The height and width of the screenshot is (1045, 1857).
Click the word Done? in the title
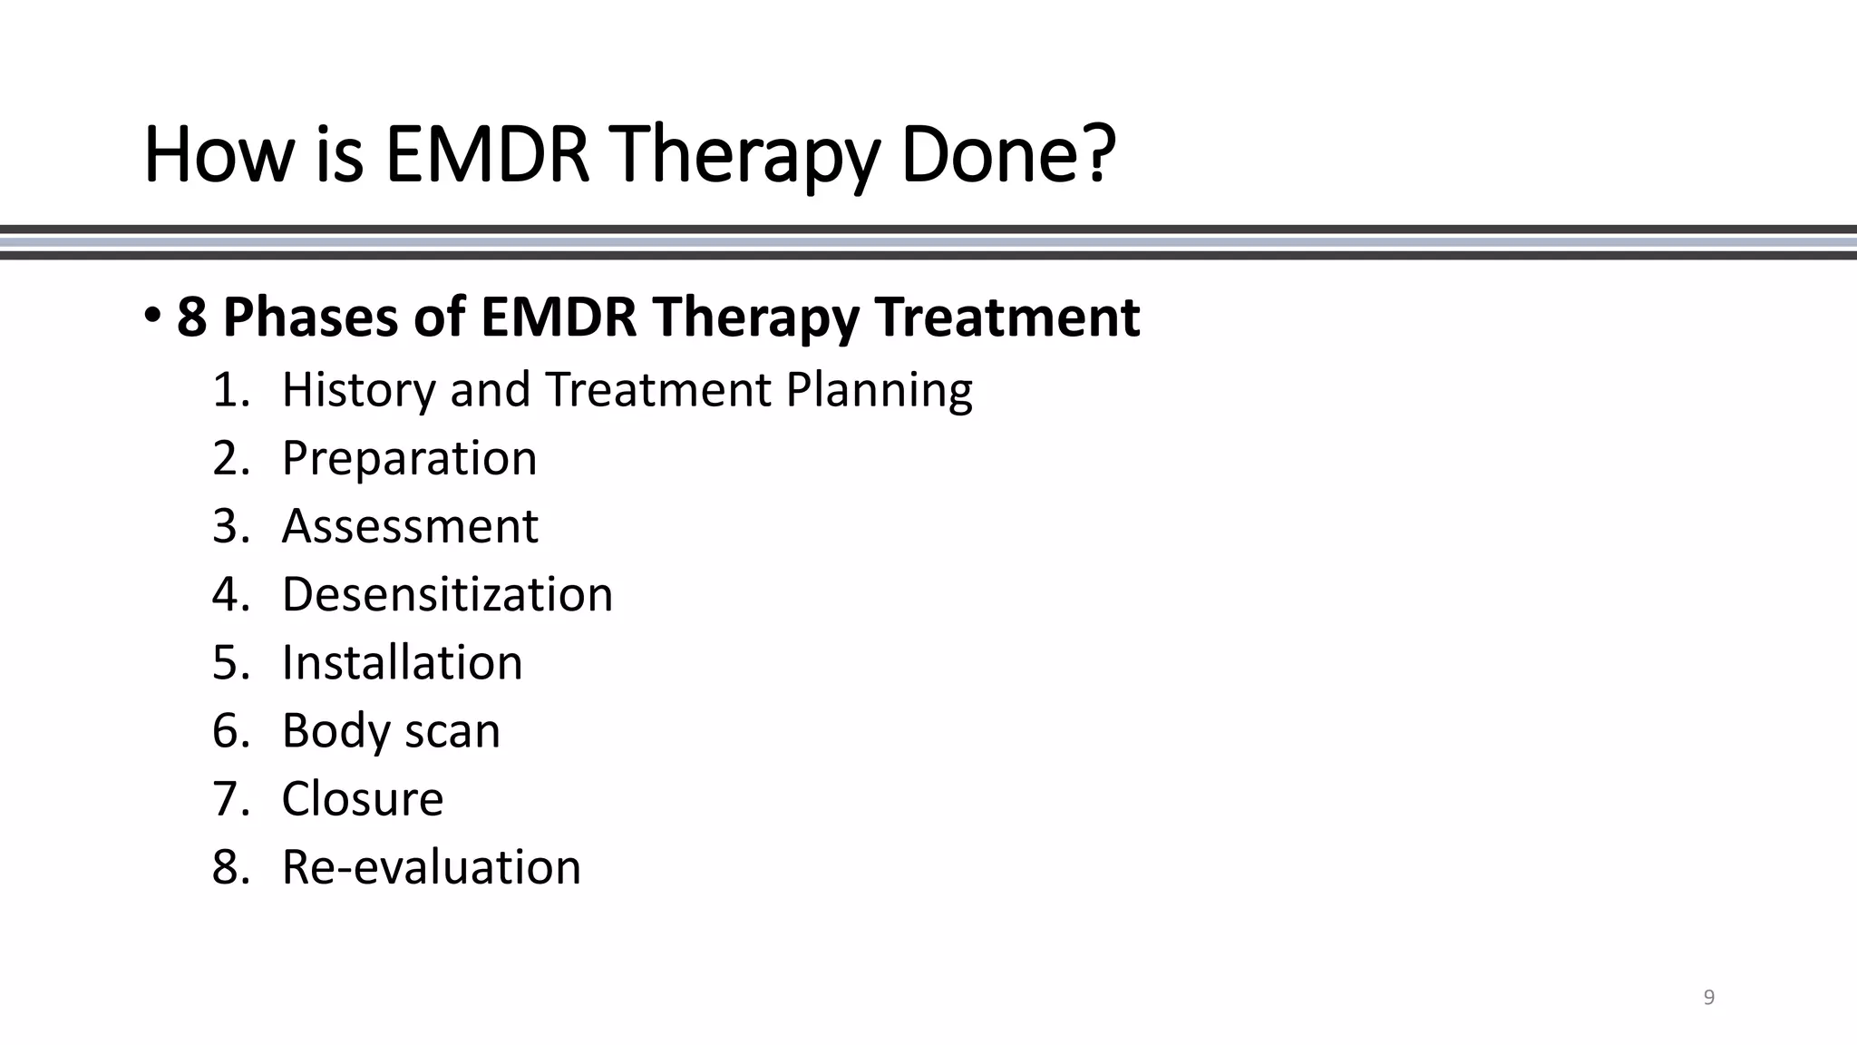point(1007,155)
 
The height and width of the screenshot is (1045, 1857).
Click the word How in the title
point(219,155)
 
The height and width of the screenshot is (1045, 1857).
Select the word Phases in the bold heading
point(310,317)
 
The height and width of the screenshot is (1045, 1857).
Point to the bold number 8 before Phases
point(191,317)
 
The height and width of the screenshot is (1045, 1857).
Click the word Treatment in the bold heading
point(1007,317)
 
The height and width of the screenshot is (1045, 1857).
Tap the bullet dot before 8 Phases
point(151,316)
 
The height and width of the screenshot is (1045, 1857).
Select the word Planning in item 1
point(879,390)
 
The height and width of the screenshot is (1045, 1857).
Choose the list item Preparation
point(409,458)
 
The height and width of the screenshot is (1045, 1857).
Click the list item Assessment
point(410,526)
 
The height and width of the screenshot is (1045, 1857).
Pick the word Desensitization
point(447,594)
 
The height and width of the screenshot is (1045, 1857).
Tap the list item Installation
point(402,662)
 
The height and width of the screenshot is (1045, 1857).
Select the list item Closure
point(363,798)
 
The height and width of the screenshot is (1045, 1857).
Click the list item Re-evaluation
point(431,866)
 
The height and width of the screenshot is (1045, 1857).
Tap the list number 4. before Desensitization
point(230,594)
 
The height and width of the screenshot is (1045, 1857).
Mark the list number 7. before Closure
point(230,798)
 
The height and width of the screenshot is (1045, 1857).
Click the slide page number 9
point(1709,998)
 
